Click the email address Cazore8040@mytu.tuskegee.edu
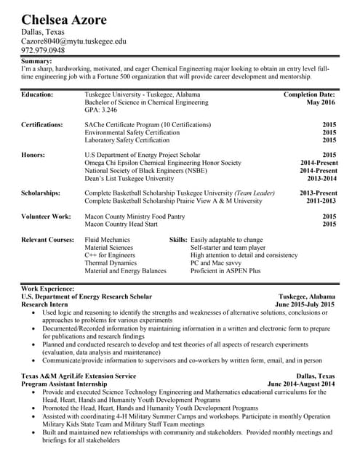(x=73, y=42)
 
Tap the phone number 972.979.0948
(x=43, y=52)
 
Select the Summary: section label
(x=36, y=62)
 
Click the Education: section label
(x=37, y=94)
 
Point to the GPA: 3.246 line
(x=100, y=110)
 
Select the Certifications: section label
(x=42, y=124)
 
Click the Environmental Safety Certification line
(x=132, y=132)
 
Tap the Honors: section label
(x=33, y=155)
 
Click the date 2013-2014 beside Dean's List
(x=321, y=178)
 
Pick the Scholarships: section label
(x=41, y=193)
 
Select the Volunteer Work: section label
(x=46, y=216)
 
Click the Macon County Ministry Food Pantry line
(x=135, y=216)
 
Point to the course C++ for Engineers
(x=110, y=255)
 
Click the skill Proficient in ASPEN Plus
(x=225, y=271)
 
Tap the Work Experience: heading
(x=48, y=288)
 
